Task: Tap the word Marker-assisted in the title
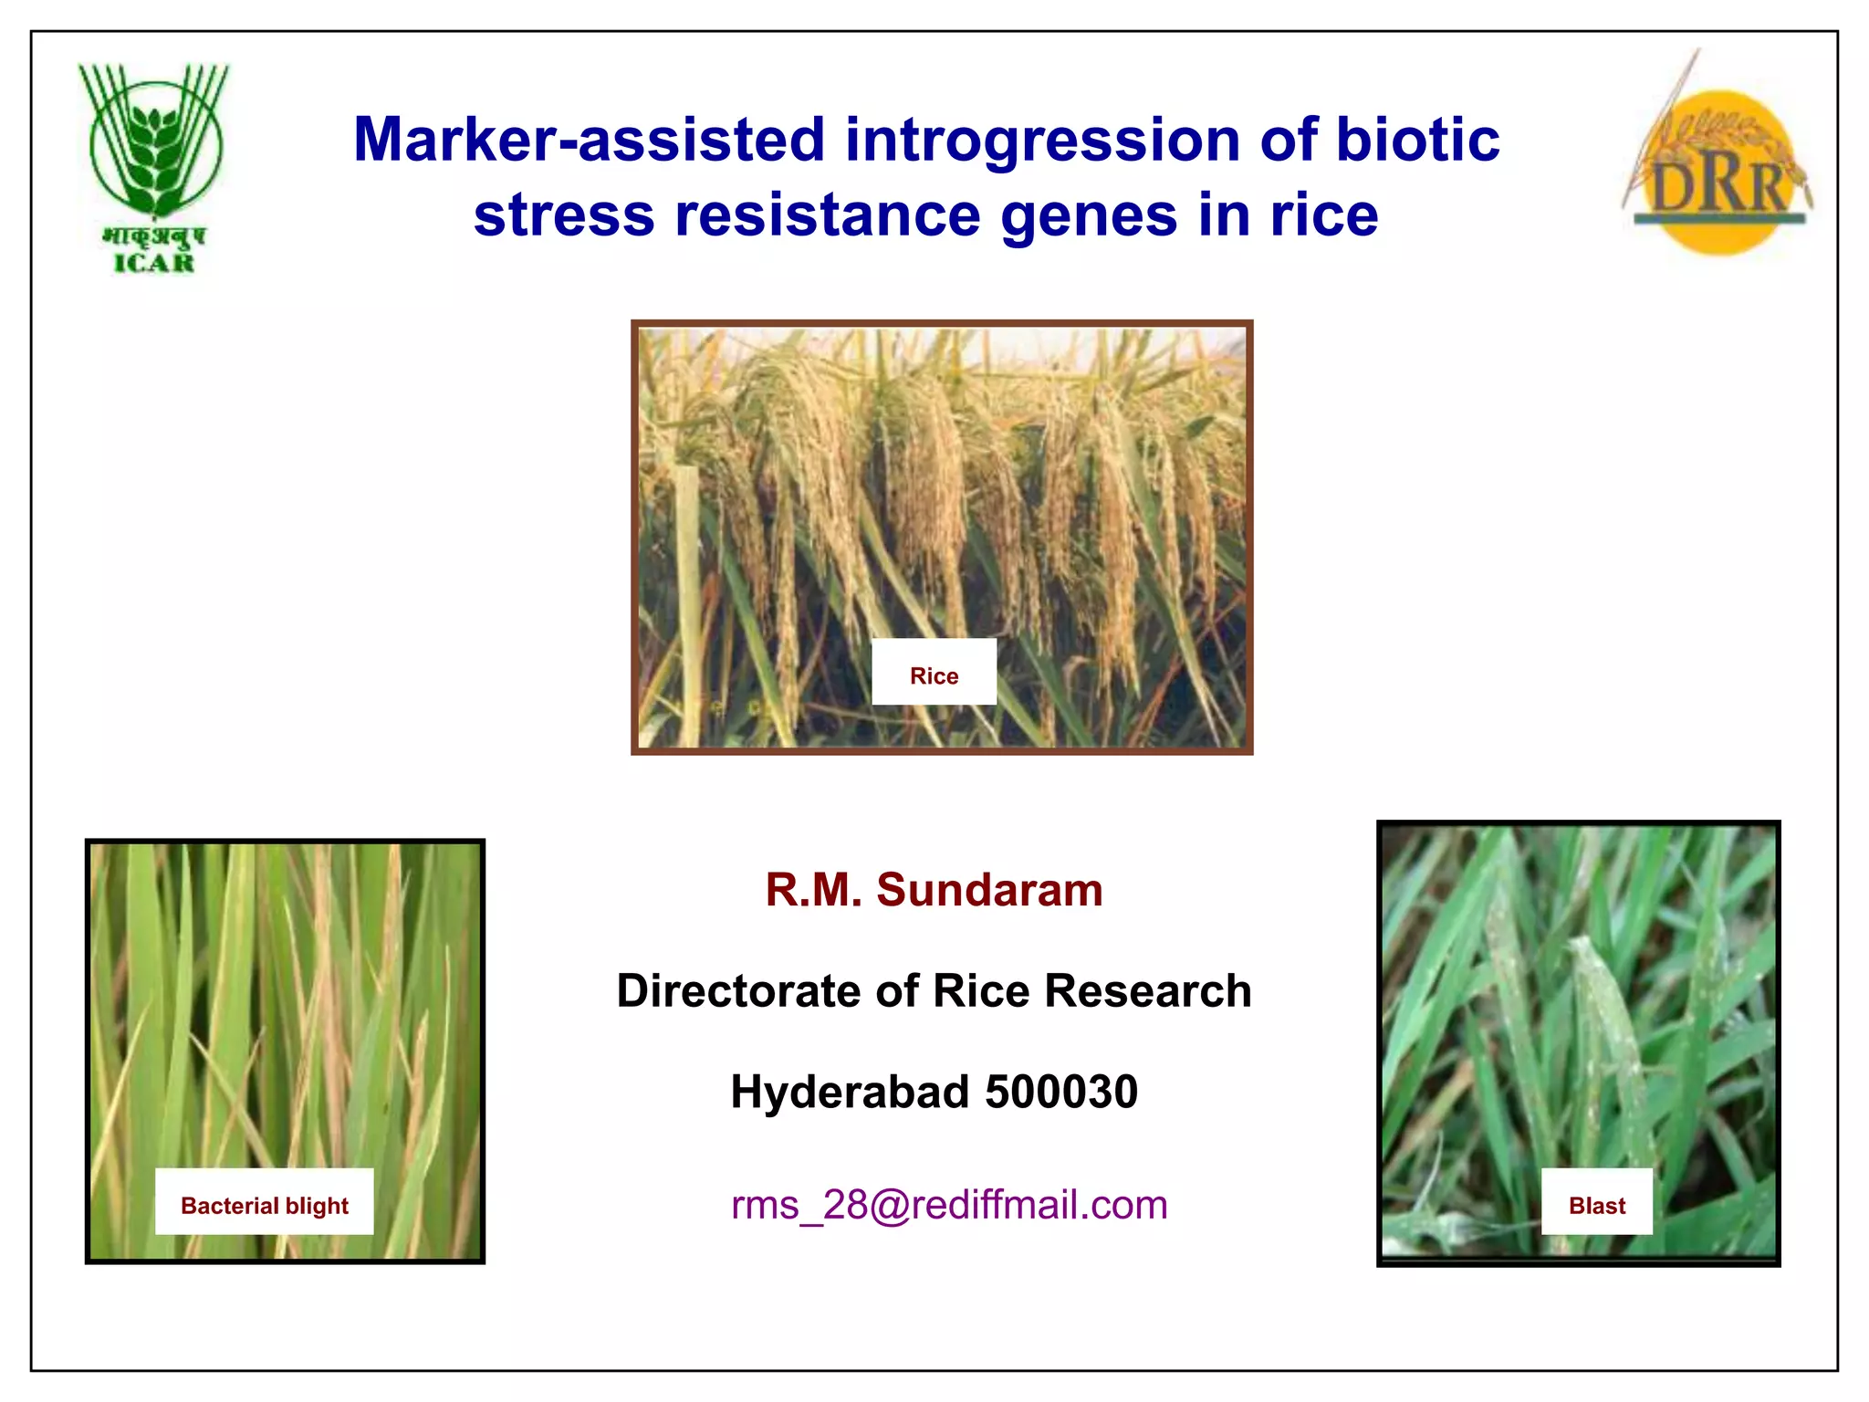click(589, 141)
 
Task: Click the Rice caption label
click(934, 676)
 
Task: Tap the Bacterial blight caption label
click(265, 1206)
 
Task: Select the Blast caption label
click(1596, 1206)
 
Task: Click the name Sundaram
click(989, 890)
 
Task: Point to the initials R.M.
click(813, 890)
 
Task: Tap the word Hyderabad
click(849, 1093)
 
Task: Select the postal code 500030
click(1061, 1093)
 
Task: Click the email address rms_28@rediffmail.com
click(949, 1205)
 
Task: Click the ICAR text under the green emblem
click(154, 264)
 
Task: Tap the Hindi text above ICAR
click(154, 236)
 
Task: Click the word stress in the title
click(564, 216)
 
